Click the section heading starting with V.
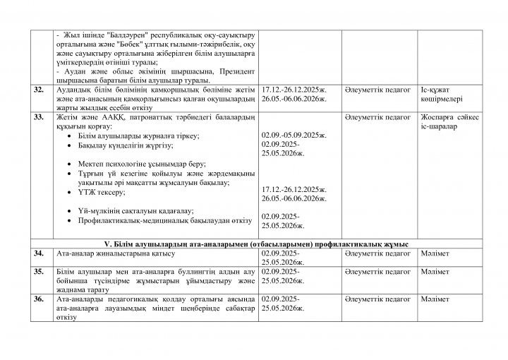(254, 242)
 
